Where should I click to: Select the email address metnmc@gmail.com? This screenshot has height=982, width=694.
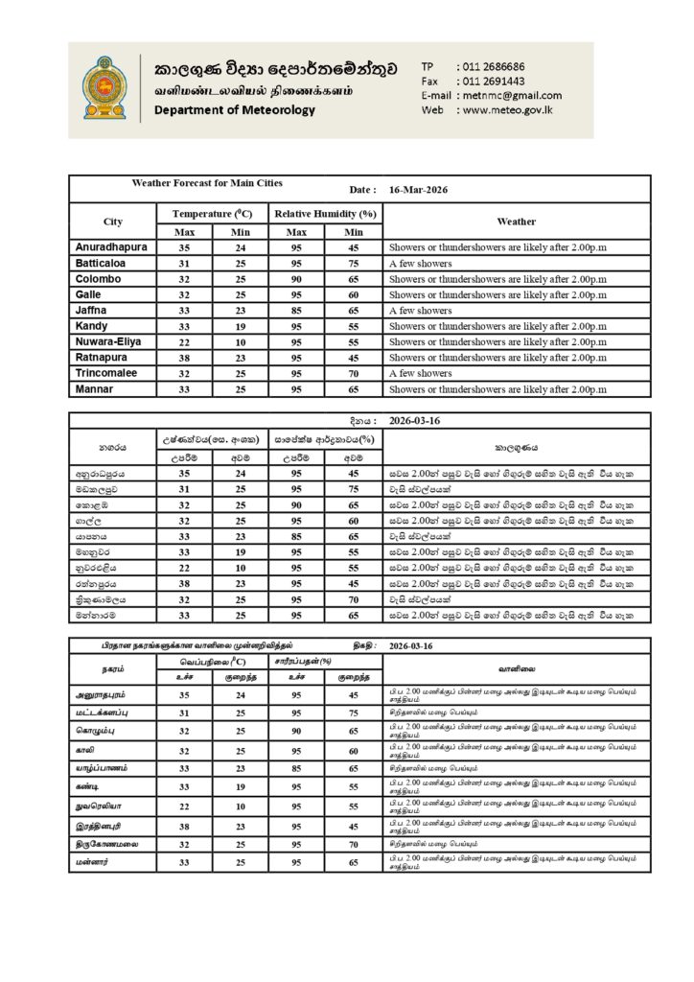tap(511, 95)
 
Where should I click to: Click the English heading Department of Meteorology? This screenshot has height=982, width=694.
tap(235, 110)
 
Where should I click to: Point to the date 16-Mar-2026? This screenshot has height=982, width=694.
tap(419, 190)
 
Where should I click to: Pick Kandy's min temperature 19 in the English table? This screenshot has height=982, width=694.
tap(241, 326)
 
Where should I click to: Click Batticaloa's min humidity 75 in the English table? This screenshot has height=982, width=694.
tap(354, 263)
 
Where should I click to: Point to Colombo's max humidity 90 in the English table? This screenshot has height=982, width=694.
tap(297, 279)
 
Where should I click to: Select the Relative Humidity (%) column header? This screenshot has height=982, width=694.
tap(325, 214)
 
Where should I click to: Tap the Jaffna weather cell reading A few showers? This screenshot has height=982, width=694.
tap(420, 311)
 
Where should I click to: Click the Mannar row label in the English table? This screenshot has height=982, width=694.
tap(94, 389)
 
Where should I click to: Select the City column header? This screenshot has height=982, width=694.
tap(112, 222)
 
